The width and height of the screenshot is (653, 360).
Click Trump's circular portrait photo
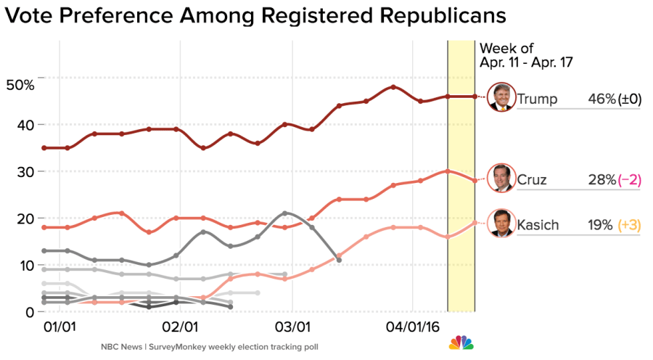coord(501,97)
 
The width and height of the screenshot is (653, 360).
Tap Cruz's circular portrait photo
coord(501,179)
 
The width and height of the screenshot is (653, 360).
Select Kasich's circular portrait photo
coord(501,224)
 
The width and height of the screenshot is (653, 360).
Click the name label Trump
coord(538,99)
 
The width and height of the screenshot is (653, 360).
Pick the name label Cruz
coord(533,180)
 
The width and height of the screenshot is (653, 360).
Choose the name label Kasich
coord(538,225)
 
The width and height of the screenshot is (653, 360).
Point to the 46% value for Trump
coord(601,99)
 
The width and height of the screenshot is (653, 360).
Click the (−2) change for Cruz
coord(630,180)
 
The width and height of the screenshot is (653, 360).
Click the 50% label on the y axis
coord(20,85)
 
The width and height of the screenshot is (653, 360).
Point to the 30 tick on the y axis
coord(26,172)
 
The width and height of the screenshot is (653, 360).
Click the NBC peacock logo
coord(458,342)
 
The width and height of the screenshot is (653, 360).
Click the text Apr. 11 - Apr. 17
coord(526,62)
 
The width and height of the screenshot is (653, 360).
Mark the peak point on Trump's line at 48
coord(393,87)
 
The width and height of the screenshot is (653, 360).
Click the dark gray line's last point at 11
coord(339,260)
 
